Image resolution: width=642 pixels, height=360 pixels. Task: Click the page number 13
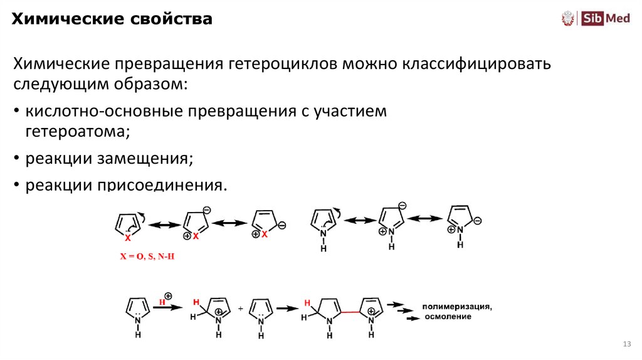pyautogui.click(x=626, y=344)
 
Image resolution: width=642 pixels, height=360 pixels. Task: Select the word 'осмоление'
pyautogui.click(x=448, y=317)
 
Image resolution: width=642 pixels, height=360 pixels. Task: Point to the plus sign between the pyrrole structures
pyautogui.click(x=240, y=309)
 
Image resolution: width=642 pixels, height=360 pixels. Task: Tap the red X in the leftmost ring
pyautogui.click(x=127, y=238)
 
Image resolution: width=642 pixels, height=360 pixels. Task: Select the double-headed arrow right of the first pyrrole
pyautogui.click(x=359, y=220)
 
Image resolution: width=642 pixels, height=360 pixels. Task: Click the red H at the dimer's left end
pyautogui.click(x=307, y=303)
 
